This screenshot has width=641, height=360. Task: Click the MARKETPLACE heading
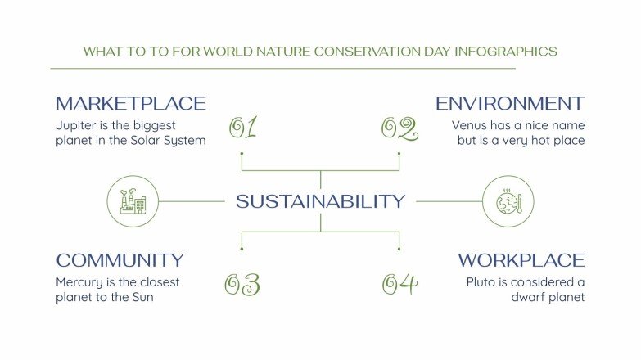point(131,104)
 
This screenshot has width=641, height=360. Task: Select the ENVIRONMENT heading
point(509,104)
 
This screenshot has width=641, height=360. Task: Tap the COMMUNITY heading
point(120,261)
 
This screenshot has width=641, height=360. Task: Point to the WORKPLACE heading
point(521,261)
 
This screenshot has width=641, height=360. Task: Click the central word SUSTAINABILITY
point(320,201)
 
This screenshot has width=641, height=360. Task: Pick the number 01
point(243,128)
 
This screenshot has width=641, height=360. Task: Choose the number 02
point(399,128)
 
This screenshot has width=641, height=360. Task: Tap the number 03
point(242,284)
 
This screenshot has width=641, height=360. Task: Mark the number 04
point(399,284)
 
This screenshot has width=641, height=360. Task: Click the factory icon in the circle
point(133,200)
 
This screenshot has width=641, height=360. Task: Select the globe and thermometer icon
point(508,200)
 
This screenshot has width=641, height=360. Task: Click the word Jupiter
point(77,126)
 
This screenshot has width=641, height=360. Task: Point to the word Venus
point(471,126)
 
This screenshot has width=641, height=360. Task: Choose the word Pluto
point(483,282)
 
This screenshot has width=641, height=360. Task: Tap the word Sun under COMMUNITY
point(142,297)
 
